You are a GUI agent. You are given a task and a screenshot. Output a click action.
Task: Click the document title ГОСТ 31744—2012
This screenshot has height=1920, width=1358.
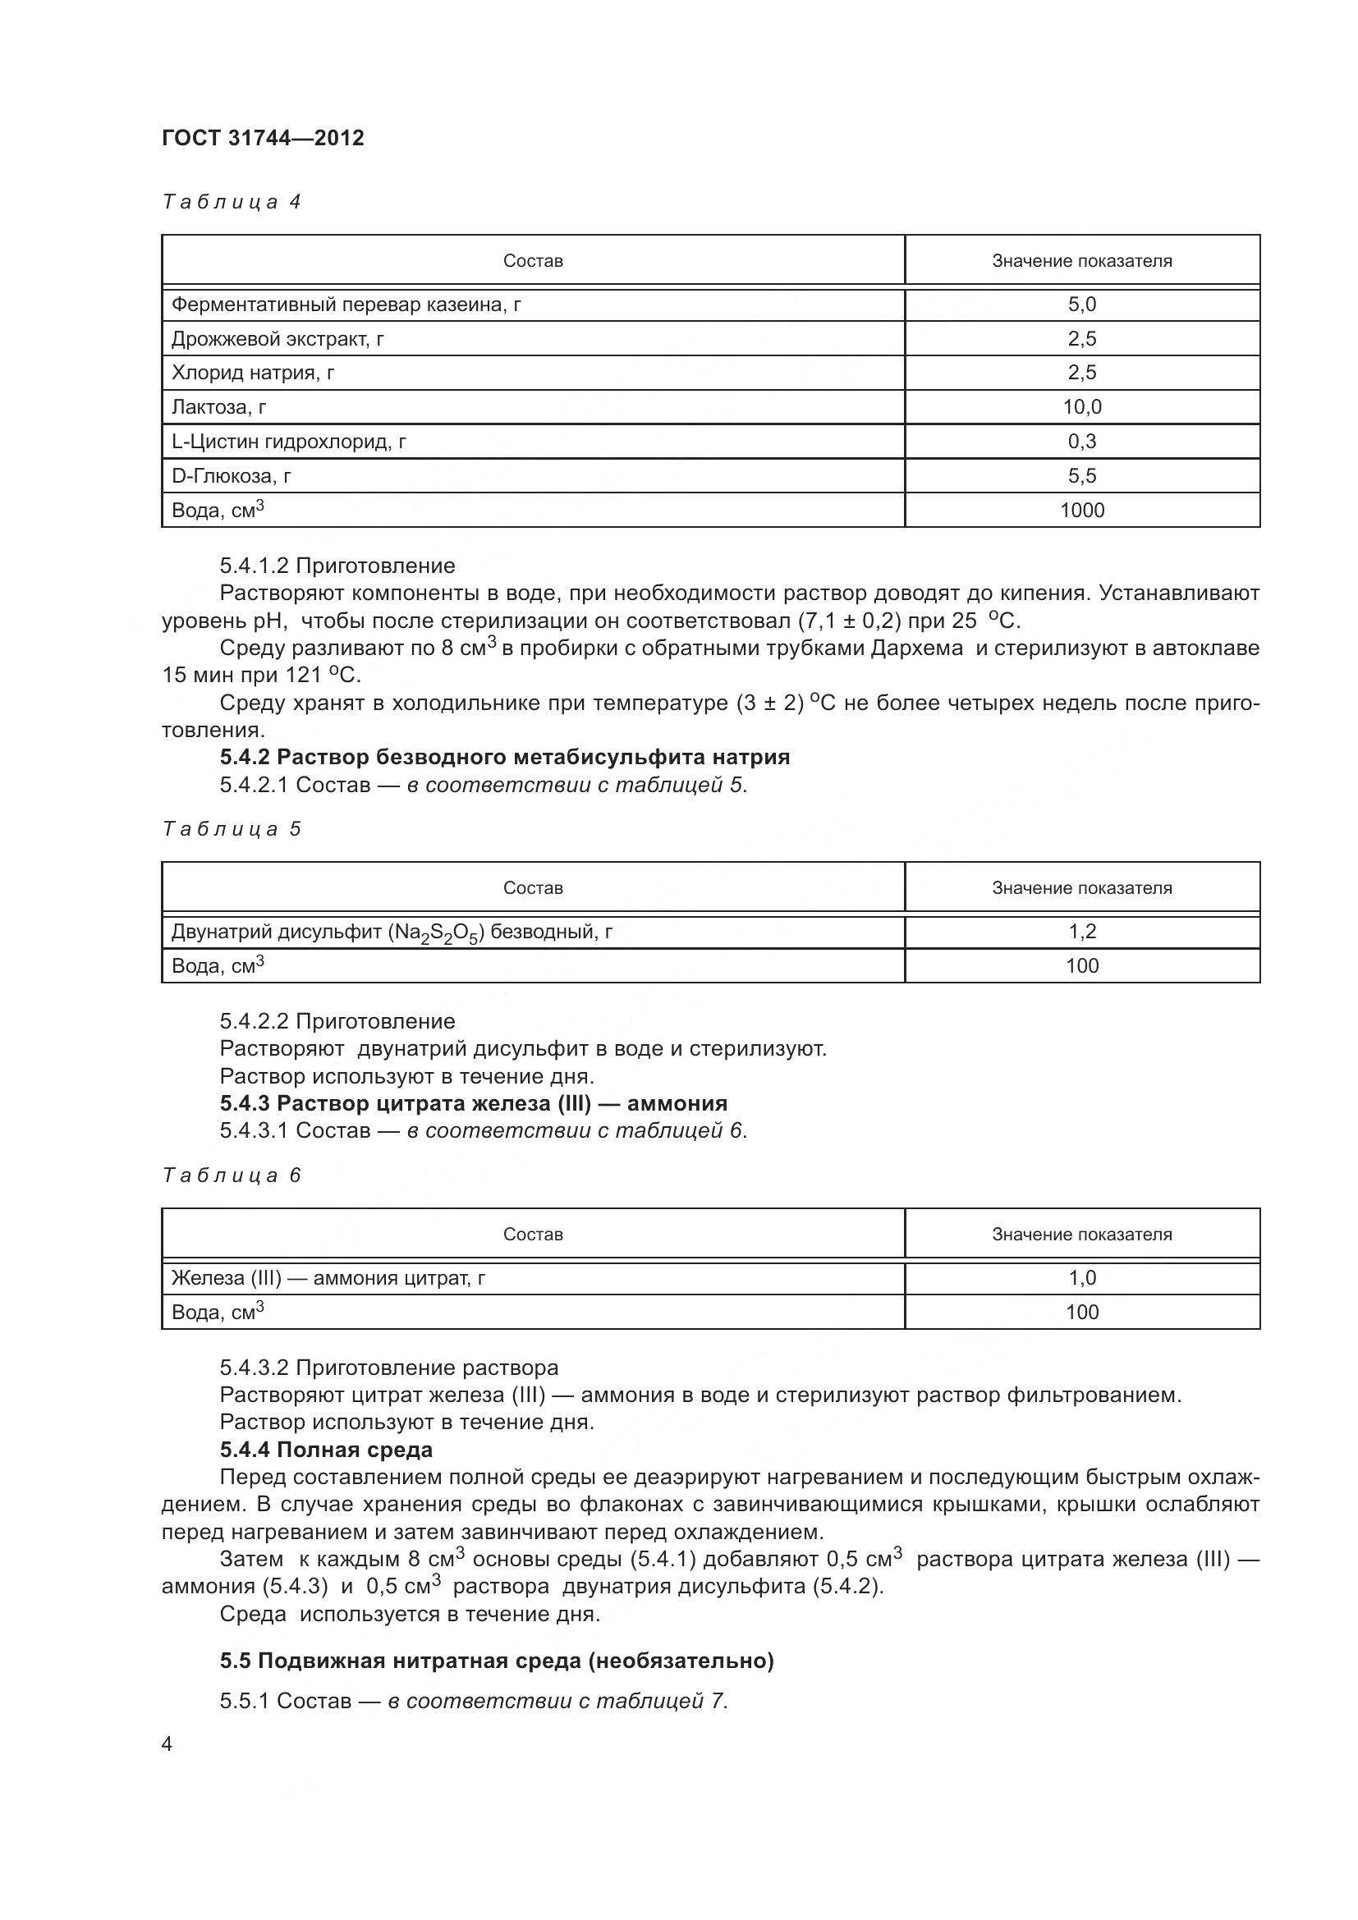pos(263,138)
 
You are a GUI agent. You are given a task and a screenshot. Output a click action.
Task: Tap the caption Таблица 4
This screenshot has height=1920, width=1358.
pos(231,202)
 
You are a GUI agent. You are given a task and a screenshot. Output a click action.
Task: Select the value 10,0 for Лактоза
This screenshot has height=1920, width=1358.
pos(1081,407)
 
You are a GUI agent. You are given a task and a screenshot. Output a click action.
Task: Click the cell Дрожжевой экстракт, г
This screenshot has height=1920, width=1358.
pos(278,339)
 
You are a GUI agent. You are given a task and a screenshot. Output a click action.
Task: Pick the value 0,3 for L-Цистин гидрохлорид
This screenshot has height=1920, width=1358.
pos(1081,442)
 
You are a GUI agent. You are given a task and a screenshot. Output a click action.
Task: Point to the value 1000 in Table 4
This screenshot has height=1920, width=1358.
pos(1081,510)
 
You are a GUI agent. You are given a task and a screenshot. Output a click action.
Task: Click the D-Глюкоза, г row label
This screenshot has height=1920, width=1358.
pos(232,476)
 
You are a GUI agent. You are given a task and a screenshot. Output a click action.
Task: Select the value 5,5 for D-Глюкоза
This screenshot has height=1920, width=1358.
pos(1081,476)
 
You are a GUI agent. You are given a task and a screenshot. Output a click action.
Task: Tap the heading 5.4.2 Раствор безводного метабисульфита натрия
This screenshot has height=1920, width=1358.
pos(504,757)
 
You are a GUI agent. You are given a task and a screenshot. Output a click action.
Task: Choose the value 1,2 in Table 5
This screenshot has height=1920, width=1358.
pos(1081,932)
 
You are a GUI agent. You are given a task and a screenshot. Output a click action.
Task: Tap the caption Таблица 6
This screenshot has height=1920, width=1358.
pos(231,1175)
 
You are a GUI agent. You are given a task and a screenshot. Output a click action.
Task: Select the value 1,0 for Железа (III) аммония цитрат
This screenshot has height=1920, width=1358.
pos(1081,1278)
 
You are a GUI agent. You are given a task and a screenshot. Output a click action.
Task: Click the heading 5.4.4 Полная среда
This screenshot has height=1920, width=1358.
pos(326,1449)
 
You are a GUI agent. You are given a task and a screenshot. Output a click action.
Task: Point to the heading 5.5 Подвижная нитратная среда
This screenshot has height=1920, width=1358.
pos(497,1660)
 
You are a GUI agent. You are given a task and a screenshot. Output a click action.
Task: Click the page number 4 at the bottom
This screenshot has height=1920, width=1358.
pos(167,1744)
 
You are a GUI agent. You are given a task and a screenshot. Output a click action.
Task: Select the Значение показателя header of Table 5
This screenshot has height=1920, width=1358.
pos(1081,888)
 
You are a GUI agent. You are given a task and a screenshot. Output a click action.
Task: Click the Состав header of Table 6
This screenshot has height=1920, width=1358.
pos(533,1235)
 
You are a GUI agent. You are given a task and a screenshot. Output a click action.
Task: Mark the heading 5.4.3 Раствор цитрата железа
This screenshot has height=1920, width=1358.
pos(473,1103)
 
